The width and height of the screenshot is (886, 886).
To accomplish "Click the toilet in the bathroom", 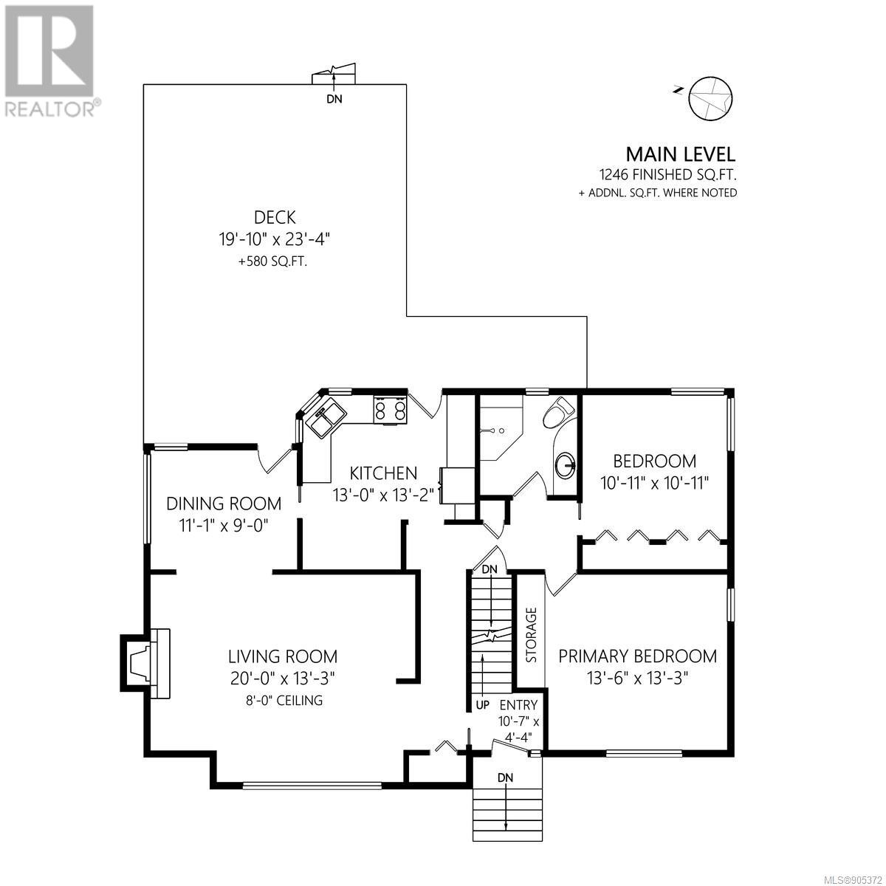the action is click(557, 413).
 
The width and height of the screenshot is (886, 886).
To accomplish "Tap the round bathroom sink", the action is click(565, 465).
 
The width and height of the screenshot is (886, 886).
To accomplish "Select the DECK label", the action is click(275, 217).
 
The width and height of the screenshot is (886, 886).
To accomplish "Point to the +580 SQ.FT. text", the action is click(272, 262).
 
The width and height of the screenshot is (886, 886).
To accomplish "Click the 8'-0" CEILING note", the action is click(284, 700).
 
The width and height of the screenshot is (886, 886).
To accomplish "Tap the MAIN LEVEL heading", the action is click(681, 154).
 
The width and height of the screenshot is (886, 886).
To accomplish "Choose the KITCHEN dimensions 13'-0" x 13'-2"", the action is click(383, 495).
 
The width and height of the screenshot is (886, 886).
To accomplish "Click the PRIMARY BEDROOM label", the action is click(638, 656).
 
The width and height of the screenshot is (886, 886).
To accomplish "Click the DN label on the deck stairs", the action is click(334, 99).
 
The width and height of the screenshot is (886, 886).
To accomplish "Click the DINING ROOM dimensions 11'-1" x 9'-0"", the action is click(224, 525).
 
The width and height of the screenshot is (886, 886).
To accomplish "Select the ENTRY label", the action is click(518, 705).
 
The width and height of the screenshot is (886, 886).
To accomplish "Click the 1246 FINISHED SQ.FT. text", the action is click(668, 175).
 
